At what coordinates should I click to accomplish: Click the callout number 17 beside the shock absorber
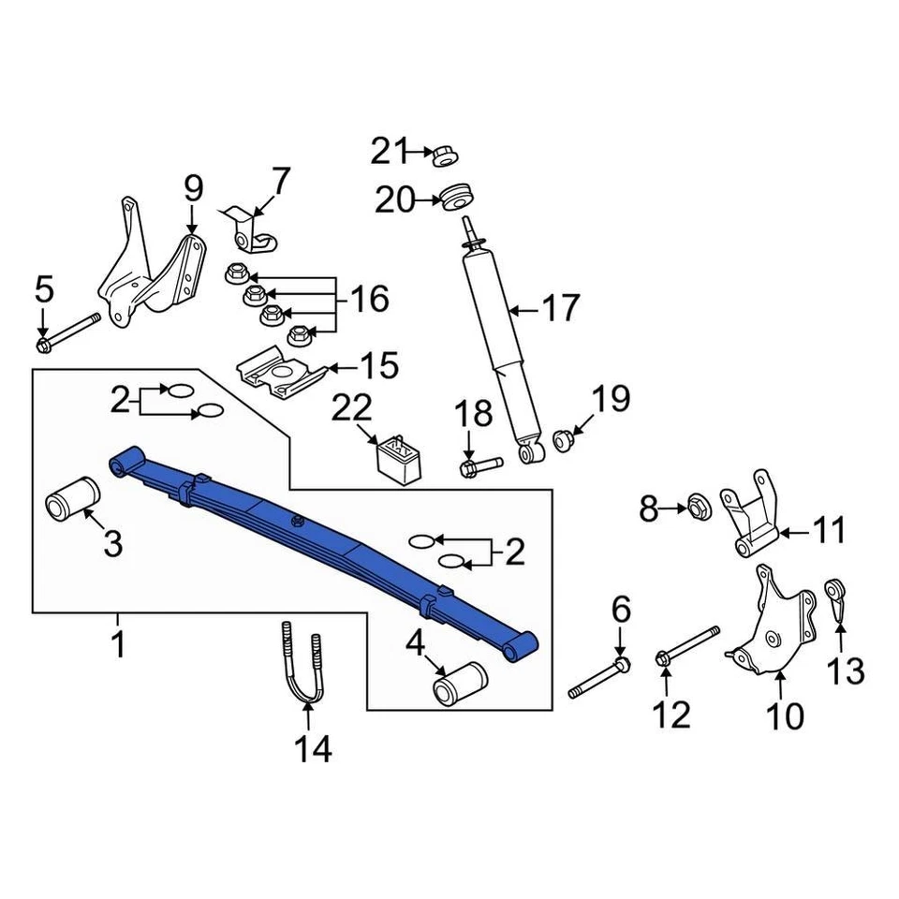[x=561, y=307]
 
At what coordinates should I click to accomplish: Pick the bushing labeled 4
[x=460, y=682]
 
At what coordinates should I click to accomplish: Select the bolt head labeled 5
[x=44, y=346]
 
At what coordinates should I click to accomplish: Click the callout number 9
[x=192, y=189]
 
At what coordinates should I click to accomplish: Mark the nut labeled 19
[x=564, y=438]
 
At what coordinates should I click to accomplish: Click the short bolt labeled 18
[x=479, y=464]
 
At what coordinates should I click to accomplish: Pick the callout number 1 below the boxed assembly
[x=118, y=645]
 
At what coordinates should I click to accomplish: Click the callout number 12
[x=671, y=715]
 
